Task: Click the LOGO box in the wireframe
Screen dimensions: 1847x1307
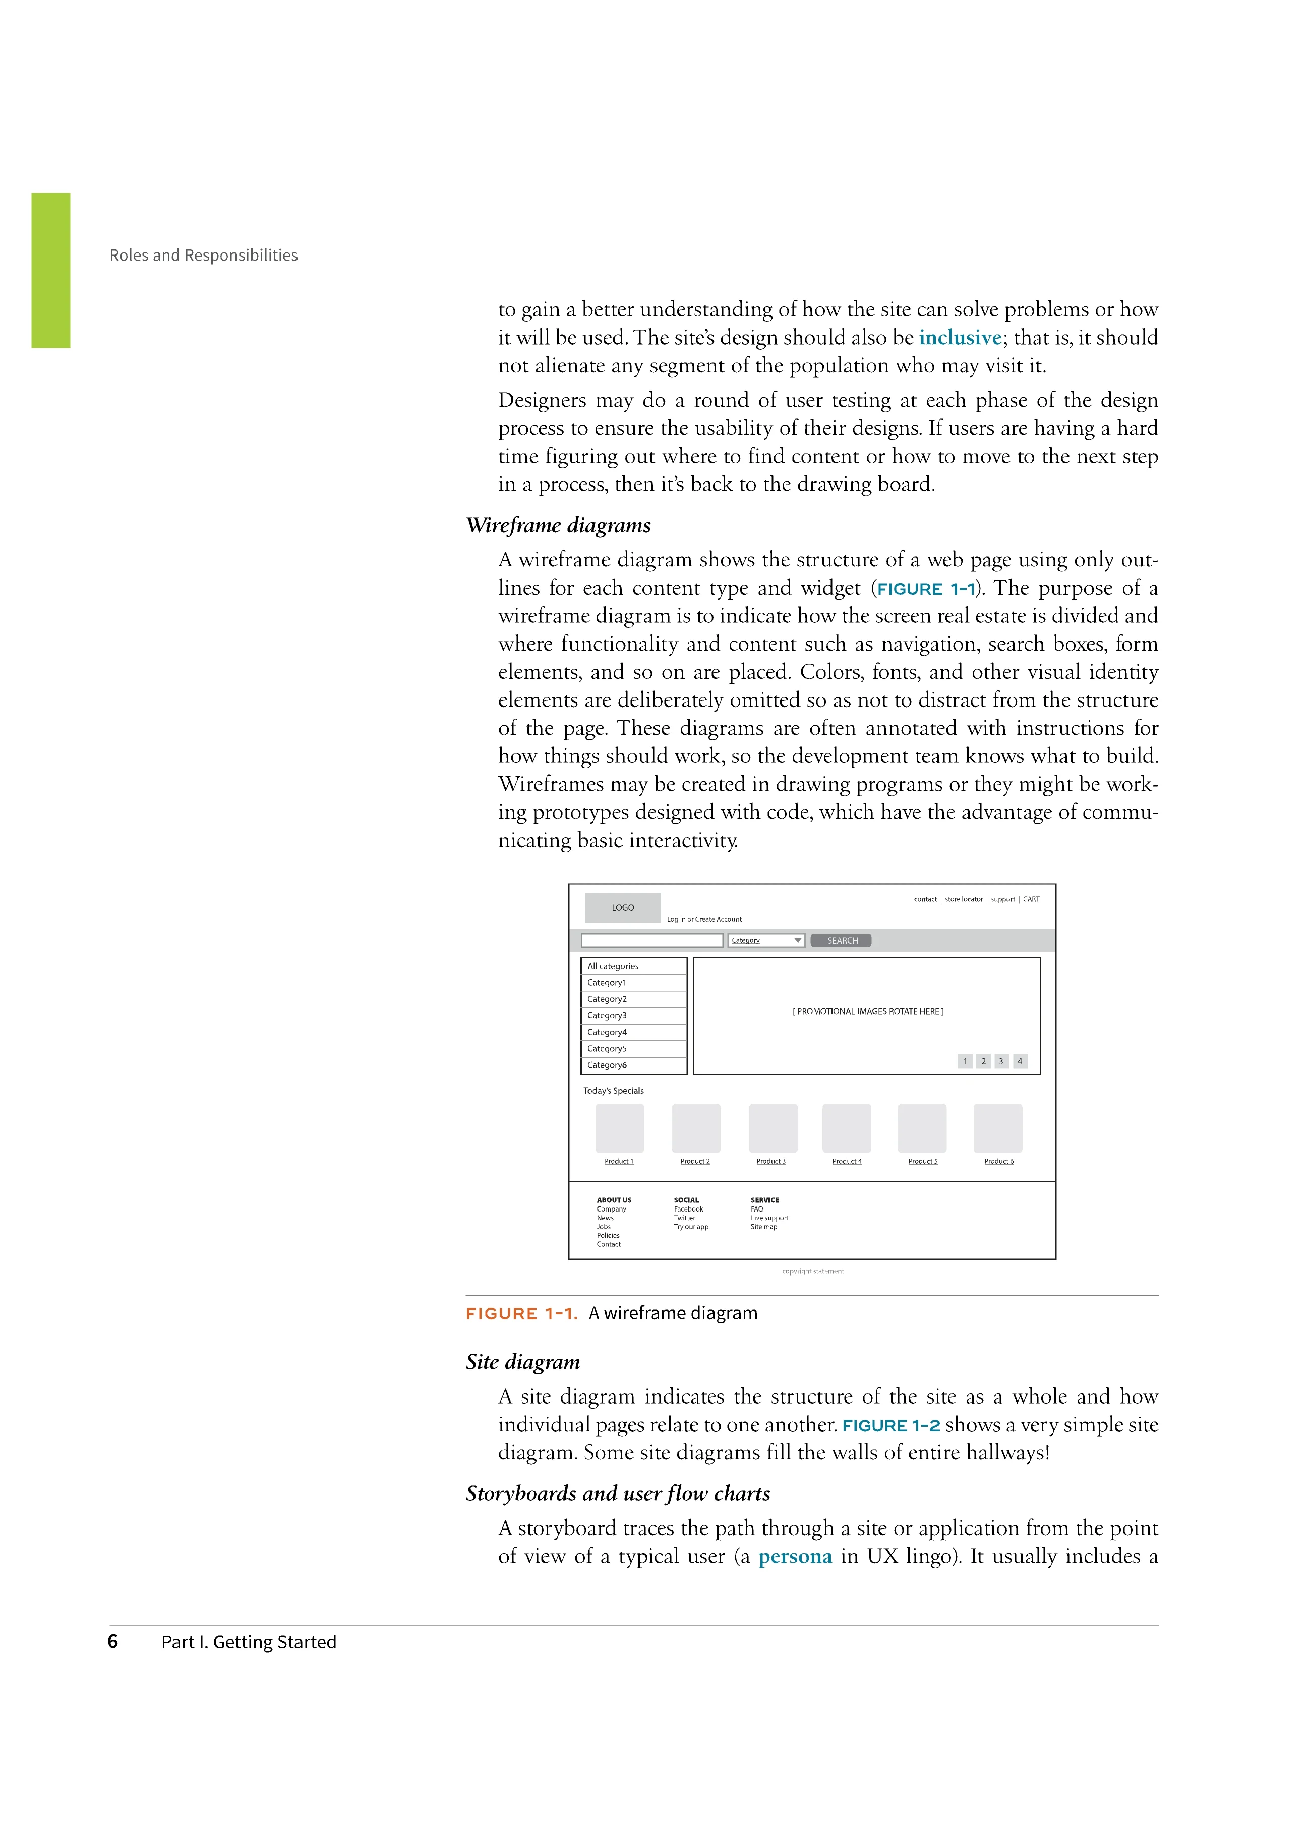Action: coord(622,908)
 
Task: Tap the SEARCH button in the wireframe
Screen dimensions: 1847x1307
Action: coord(841,940)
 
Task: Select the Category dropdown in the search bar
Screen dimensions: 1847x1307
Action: coord(765,940)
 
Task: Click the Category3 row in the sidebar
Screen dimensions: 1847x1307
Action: coord(633,1016)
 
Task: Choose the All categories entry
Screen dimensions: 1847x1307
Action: coord(633,966)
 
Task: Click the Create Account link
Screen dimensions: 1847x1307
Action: coord(718,920)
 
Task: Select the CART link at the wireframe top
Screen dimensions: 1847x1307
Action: coord(1031,900)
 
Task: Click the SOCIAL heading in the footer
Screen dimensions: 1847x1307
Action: coord(686,1200)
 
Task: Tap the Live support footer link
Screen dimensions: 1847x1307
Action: coord(769,1218)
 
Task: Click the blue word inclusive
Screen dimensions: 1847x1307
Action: coord(960,338)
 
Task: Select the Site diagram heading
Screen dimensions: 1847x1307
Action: coord(522,1362)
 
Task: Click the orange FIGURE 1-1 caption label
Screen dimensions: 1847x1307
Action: coord(521,1314)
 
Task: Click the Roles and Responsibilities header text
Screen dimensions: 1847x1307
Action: coord(204,255)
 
